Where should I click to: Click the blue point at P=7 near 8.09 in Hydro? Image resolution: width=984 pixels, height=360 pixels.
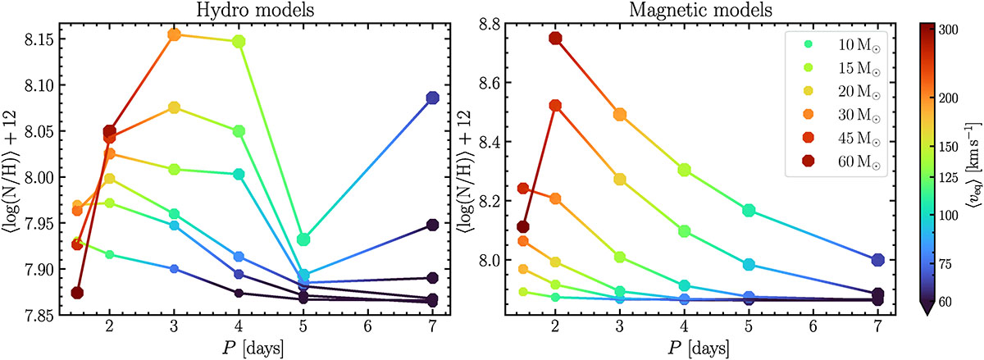tap(433, 98)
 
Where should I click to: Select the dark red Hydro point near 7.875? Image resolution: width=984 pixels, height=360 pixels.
tap(77, 293)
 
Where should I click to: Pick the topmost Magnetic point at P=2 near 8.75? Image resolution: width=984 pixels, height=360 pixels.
tap(555, 38)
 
